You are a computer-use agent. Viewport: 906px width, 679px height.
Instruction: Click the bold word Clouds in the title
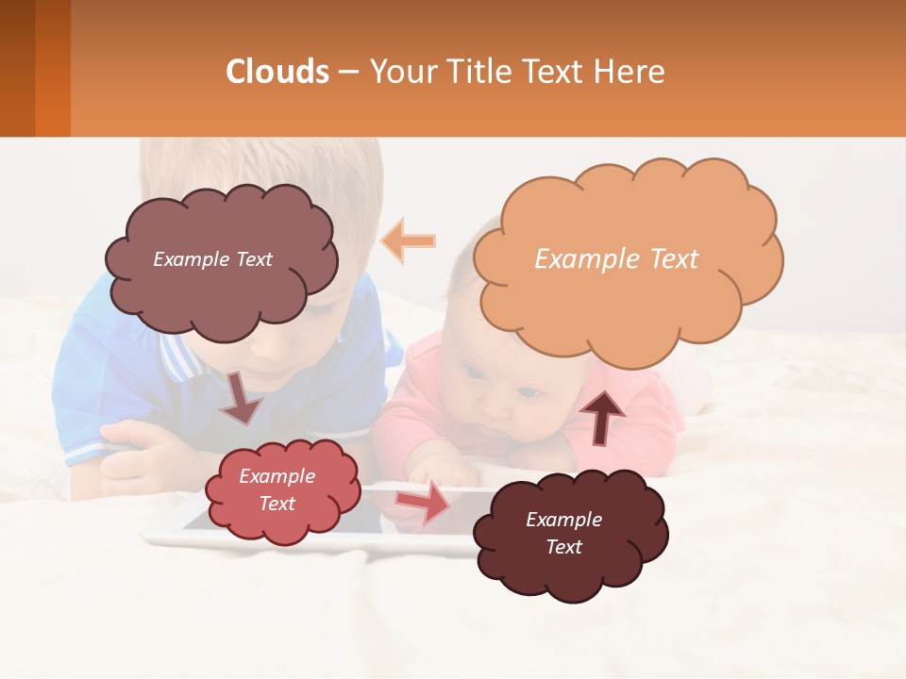(x=277, y=72)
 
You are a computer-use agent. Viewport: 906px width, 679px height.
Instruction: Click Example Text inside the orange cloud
(x=616, y=259)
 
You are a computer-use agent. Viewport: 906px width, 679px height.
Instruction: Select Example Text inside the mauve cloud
(x=212, y=259)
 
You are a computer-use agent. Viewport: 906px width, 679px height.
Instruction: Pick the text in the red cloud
(x=277, y=490)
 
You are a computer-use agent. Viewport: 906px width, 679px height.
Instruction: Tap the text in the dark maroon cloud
(x=563, y=533)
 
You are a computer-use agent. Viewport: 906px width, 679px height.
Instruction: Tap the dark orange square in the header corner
(x=53, y=68)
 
